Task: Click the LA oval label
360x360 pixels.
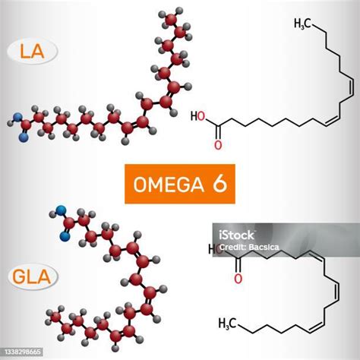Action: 33,52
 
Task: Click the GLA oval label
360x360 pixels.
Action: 33,276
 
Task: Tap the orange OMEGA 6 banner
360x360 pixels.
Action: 180,184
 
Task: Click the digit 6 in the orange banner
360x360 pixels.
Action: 219,184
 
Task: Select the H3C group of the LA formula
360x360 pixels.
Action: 303,24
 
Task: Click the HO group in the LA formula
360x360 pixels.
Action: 197,116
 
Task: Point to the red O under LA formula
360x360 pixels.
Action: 218,145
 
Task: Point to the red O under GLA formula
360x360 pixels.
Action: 238,279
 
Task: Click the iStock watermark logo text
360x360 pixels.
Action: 236,235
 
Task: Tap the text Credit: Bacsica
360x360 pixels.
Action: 249,248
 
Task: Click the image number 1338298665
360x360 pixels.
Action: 23,352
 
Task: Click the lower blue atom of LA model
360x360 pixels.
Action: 24,137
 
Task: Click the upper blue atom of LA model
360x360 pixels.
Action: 17,117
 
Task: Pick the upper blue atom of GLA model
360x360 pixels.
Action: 61,210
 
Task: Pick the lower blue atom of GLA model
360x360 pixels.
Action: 65,236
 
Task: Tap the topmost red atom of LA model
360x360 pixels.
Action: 171,19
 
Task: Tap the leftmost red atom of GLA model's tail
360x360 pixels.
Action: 55,317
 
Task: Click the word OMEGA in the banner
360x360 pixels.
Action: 169,185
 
